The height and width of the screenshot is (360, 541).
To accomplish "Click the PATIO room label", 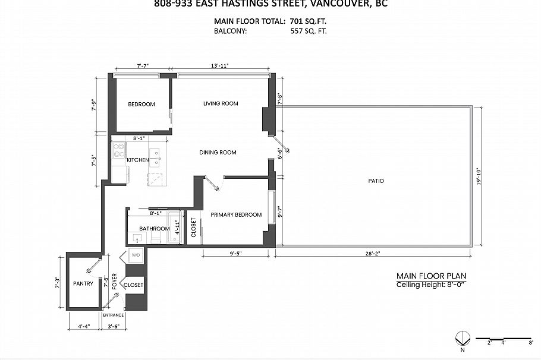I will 376,181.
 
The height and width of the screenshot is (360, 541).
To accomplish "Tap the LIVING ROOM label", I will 221,103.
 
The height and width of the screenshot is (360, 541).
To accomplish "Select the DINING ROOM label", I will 218,153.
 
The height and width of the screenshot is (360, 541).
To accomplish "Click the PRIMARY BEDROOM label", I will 236,215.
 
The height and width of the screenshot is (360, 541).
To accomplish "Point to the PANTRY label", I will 83,284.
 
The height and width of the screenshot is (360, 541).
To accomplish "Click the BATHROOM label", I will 155,229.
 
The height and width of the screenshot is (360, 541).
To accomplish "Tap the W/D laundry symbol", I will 135,256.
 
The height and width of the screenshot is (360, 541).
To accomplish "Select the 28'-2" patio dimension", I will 373,253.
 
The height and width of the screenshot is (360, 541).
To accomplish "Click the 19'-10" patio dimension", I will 479,176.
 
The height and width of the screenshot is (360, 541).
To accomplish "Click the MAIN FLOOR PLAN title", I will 431,276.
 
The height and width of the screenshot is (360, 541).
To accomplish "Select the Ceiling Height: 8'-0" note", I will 431,285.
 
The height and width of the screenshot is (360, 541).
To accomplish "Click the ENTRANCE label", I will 113,315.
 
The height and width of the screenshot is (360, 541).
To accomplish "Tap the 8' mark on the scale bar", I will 531,343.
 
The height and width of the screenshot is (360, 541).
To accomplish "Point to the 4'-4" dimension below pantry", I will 84,326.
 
